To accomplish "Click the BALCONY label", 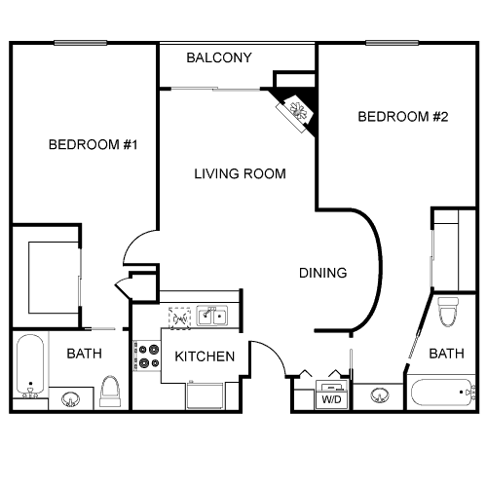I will tap(219, 58).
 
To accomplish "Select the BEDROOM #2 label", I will tap(402, 117).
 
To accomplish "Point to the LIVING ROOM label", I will tap(240, 174).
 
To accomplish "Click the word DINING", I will tap(322, 274).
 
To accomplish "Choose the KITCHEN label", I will tap(205, 356).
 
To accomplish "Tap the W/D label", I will tap(331, 398).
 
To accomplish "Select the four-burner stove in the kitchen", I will tap(147, 356).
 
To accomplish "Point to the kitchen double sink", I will tap(211, 315).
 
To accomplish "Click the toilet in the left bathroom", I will tap(110, 392).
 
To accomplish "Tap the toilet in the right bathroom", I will tap(448, 313).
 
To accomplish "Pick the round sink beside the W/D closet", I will tap(380, 395).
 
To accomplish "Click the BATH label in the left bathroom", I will tap(83, 354).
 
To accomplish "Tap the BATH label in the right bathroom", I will tap(446, 354).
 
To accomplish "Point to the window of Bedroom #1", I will tap(80, 42).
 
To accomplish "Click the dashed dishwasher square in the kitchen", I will tap(180, 316).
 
